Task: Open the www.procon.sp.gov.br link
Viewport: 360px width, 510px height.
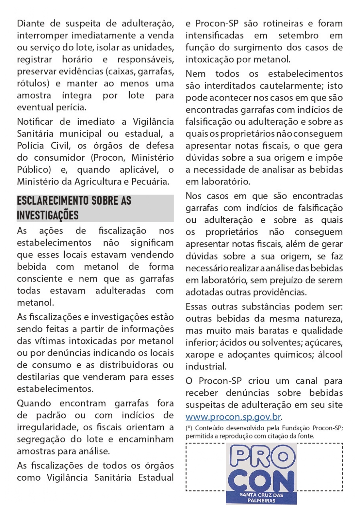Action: tap(233, 417)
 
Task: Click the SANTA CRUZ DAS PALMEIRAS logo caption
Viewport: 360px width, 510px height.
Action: tap(261, 498)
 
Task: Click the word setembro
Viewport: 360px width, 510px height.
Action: tap(298, 35)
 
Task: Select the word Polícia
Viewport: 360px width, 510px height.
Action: tap(30, 146)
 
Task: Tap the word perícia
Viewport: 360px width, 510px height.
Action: tap(72, 108)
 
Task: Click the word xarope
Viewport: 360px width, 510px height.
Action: tap(199, 355)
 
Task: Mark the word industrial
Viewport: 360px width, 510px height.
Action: tap(206, 366)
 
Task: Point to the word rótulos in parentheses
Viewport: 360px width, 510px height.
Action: tap(33, 84)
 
